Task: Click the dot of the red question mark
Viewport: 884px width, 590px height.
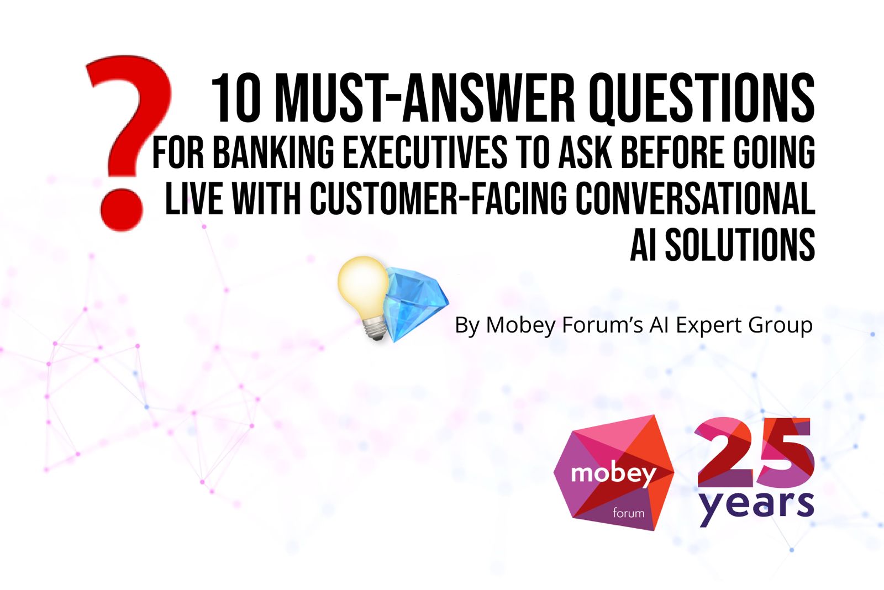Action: [122, 209]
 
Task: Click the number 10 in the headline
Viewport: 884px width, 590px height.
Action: [236, 98]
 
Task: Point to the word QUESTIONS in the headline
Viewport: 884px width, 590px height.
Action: [702, 99]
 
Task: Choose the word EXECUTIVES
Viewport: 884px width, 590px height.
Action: [425, 152]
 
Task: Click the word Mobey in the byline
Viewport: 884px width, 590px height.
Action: [520, 326]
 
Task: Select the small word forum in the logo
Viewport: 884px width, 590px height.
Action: [628, 513]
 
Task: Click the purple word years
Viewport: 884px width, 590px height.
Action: [756, 506]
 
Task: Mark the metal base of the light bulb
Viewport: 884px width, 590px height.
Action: [375, 329]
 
